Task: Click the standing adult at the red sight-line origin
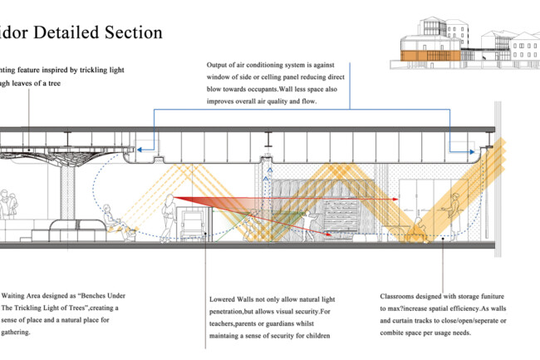click(x=170, y=215)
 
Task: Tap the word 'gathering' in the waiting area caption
click(x=20, y=332)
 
